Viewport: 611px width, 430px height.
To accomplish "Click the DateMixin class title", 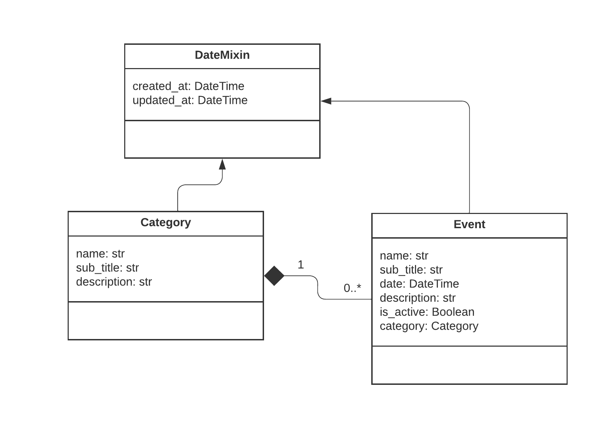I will tap(222, 55).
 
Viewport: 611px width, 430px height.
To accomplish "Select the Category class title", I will tap(166, 222).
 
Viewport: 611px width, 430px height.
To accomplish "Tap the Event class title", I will tap(469, 224).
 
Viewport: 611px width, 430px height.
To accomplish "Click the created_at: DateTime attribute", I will tap(188, 86).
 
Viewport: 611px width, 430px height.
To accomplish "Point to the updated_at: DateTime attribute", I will tap(190, 100).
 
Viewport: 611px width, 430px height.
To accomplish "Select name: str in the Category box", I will tap(100, 254).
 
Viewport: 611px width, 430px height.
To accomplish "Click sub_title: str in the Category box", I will tap(107, 268).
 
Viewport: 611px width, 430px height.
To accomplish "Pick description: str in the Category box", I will tap(114, 282).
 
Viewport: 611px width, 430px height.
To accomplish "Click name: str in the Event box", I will tap(404, 256).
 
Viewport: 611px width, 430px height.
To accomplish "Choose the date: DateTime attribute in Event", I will tap(419, 284).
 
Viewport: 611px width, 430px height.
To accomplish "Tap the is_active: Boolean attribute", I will tap(427, 312).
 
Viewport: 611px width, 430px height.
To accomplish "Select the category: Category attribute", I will tap(429, 326).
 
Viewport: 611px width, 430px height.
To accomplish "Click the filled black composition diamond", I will tap(274, 276).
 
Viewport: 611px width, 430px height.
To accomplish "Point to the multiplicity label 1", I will tap(300, 265).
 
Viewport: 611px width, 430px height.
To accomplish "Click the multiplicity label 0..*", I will tap(352, 288).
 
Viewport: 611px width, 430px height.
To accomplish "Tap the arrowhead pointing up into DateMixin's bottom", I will tap(222, 164).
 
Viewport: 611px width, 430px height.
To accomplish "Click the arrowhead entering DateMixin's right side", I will tap(326, 101).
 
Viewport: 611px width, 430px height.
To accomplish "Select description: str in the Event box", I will tap(417, 298).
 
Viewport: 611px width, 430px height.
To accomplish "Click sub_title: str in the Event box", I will tap(411, 270).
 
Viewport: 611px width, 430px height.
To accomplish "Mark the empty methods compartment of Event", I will tap(469, 365).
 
